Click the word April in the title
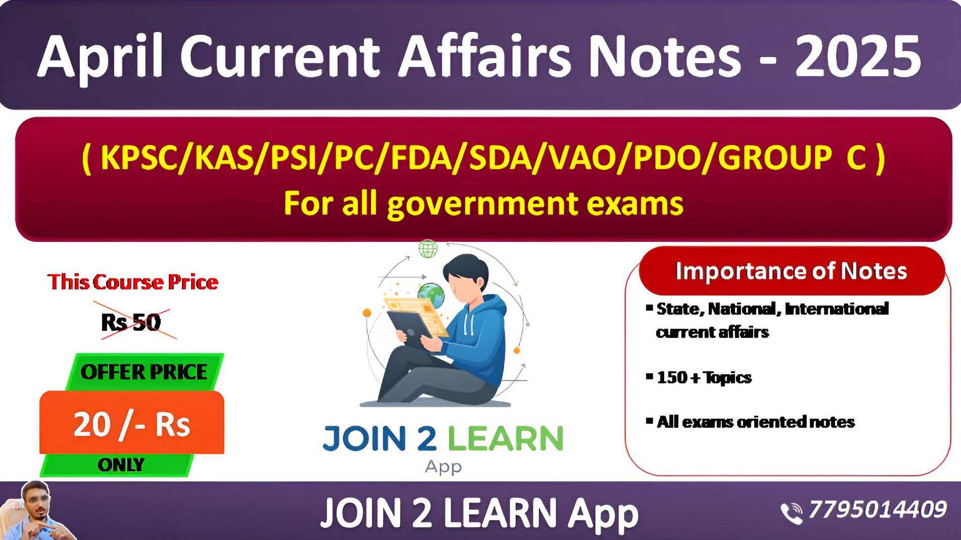101,57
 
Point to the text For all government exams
483,204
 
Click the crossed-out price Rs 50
131,322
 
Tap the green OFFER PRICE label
144,372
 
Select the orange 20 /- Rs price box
132,423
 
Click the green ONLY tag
121,465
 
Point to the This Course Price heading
133,282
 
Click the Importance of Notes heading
792,271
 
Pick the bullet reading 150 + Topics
699,377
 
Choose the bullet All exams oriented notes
751,422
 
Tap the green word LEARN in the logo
505,438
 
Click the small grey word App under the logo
443,466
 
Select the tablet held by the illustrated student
410,329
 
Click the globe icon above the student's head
428,249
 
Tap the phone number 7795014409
877,509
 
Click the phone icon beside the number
792,513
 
